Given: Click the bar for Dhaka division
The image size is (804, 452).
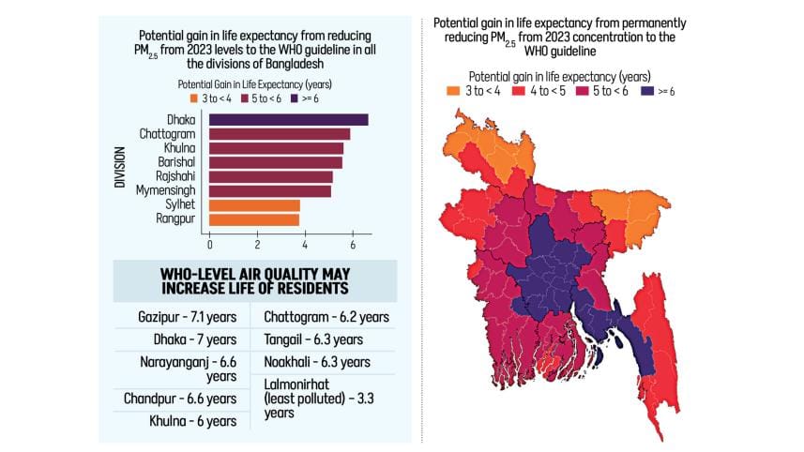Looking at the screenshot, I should click(x=288, y=119).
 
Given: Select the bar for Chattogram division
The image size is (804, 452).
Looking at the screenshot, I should click(x=280, y=133).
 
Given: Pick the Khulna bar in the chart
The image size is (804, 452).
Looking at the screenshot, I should click(x=276, y=147).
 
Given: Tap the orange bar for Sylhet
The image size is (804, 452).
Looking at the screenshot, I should click(x=254, y=204).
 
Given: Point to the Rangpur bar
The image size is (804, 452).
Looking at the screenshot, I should click(x=253, y=219).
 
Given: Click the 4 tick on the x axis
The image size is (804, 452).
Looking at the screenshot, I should click(x=305, y=246).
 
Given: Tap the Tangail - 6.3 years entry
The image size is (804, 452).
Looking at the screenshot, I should click(x=312, y=339).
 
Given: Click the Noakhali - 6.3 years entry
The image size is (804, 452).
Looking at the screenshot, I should click(x=316, y=362).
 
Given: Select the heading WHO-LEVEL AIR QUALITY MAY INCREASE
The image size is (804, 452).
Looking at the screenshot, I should click(x=254, y=280).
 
